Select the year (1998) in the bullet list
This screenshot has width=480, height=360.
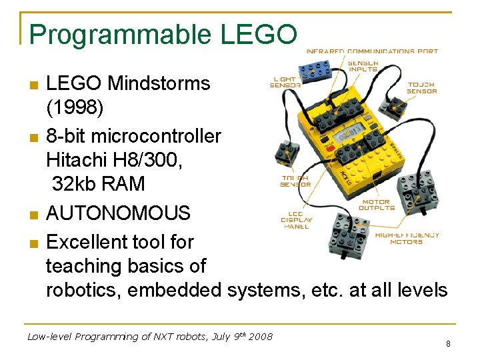click(73, 106)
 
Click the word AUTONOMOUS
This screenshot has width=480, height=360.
click(118, 213)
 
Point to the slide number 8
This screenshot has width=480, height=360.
click(448, 344)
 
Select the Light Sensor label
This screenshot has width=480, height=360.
click(283, 81)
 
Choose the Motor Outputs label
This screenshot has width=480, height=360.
click(377, 205)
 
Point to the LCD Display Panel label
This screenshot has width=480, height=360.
click(297, 219)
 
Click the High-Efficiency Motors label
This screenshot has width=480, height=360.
click(407, 238)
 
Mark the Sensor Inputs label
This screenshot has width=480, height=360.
click(363, 65)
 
